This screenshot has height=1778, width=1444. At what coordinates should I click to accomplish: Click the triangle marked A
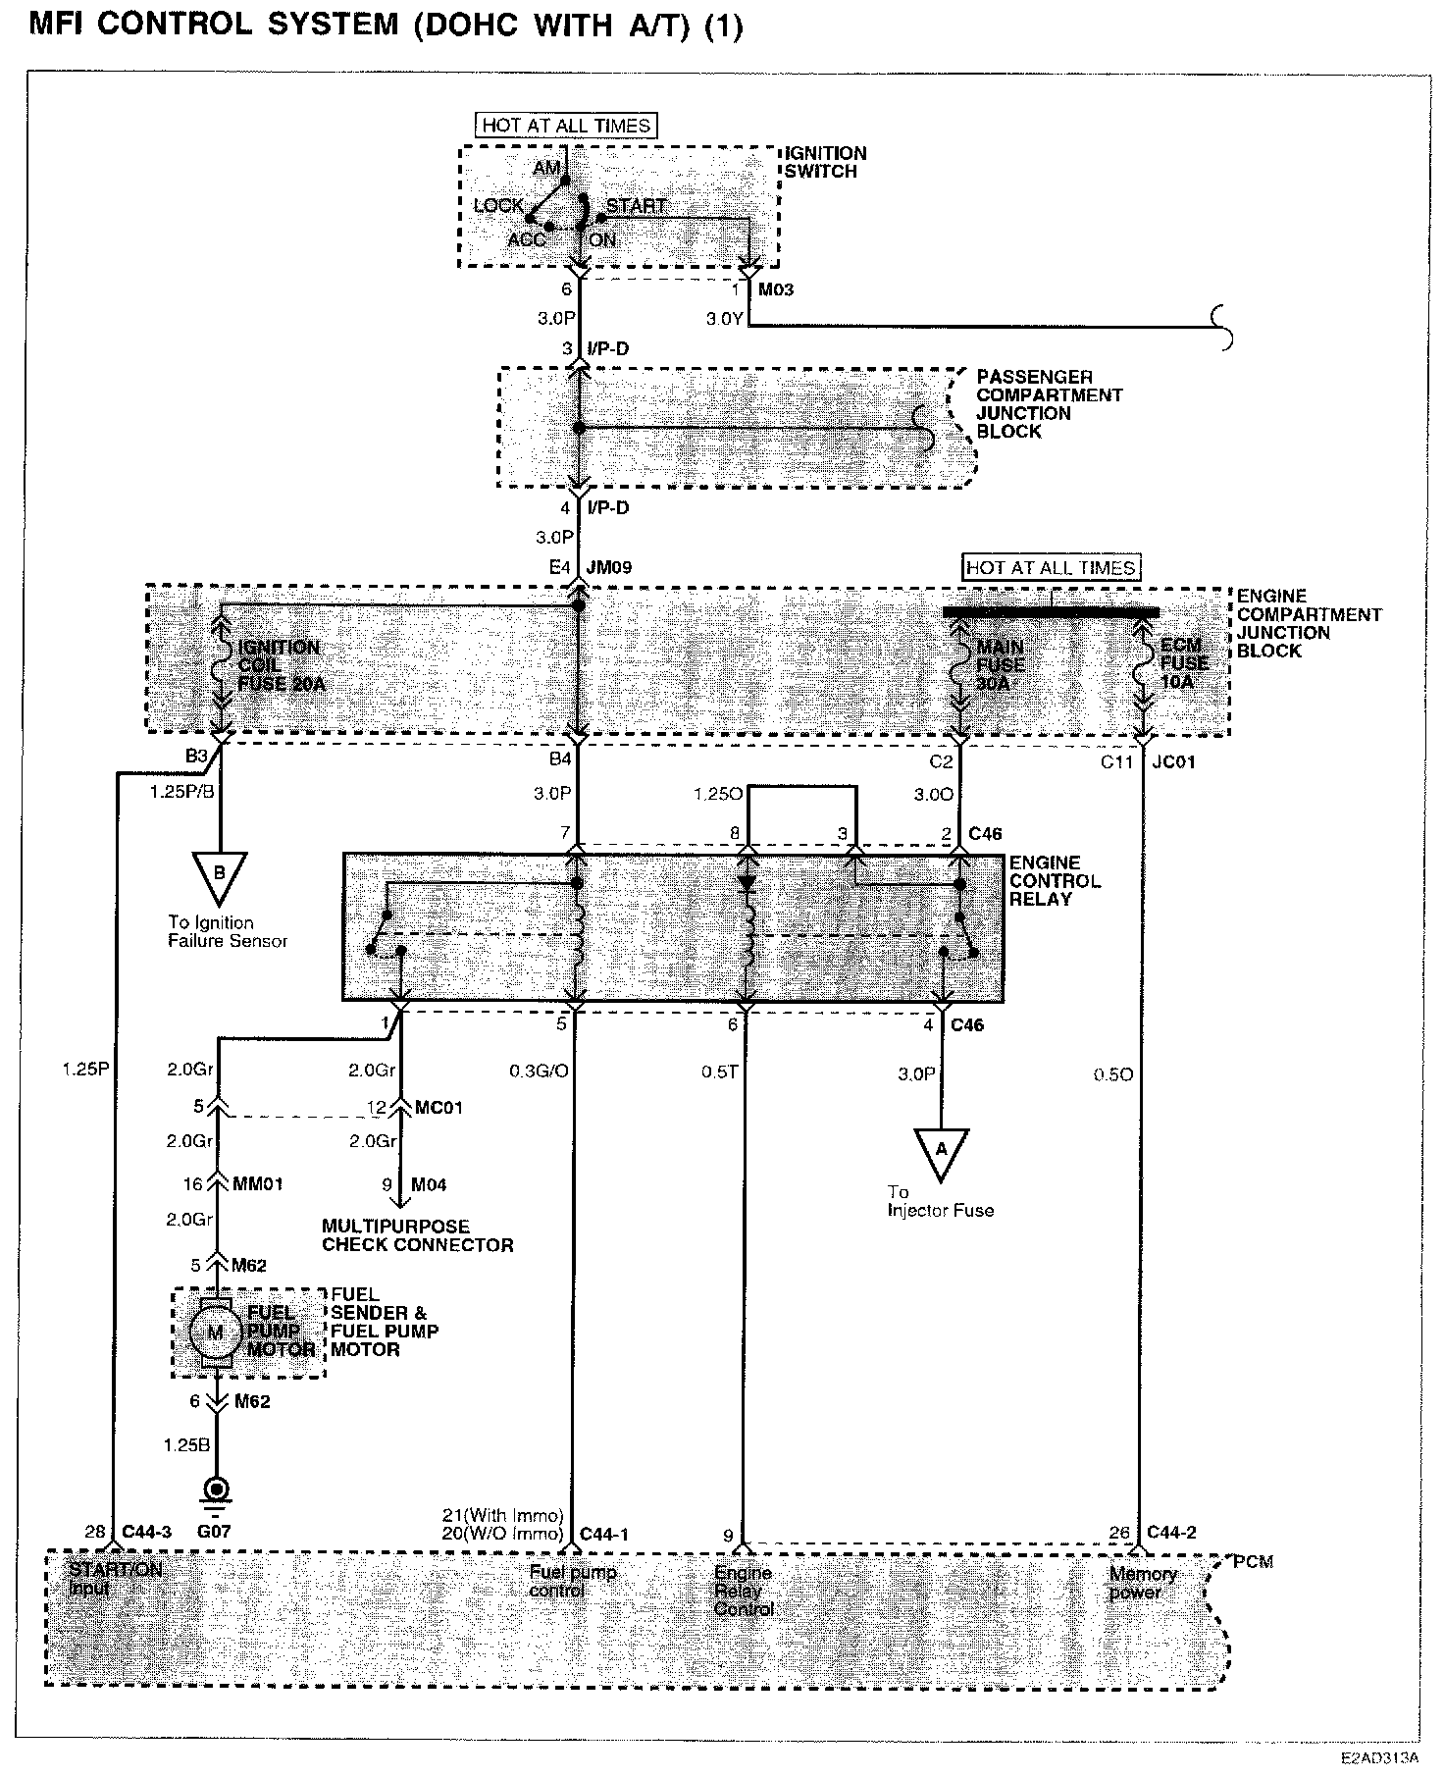click(941, 1151)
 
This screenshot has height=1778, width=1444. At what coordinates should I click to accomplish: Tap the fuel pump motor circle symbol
click(214, 1332)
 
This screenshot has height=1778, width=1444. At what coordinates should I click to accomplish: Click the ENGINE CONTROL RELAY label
click(1055, 880)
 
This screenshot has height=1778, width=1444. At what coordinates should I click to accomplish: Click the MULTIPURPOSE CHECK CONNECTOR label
click(418, 1235)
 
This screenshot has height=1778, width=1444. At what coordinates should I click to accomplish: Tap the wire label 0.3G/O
click(539, 1072)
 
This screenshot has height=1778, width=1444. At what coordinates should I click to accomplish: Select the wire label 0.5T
click(719, 1072)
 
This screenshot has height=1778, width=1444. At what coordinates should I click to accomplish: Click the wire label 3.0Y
click(724, 319)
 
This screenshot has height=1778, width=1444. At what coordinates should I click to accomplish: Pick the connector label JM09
click(608, 567)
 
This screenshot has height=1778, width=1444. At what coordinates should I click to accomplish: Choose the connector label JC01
click(1175, 761)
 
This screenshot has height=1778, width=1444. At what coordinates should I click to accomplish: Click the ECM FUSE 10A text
click(1183, 662)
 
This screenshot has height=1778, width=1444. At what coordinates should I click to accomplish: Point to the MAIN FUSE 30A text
click(1000, 664)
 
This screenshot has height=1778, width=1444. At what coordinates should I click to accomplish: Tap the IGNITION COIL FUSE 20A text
click(281, 665)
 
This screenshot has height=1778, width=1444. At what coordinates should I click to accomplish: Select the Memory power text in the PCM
click(1141, 1583)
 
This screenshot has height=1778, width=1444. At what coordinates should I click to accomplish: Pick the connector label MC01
click(438, 1107)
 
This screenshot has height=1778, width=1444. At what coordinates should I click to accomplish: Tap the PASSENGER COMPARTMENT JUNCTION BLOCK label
click(1048, 404)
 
